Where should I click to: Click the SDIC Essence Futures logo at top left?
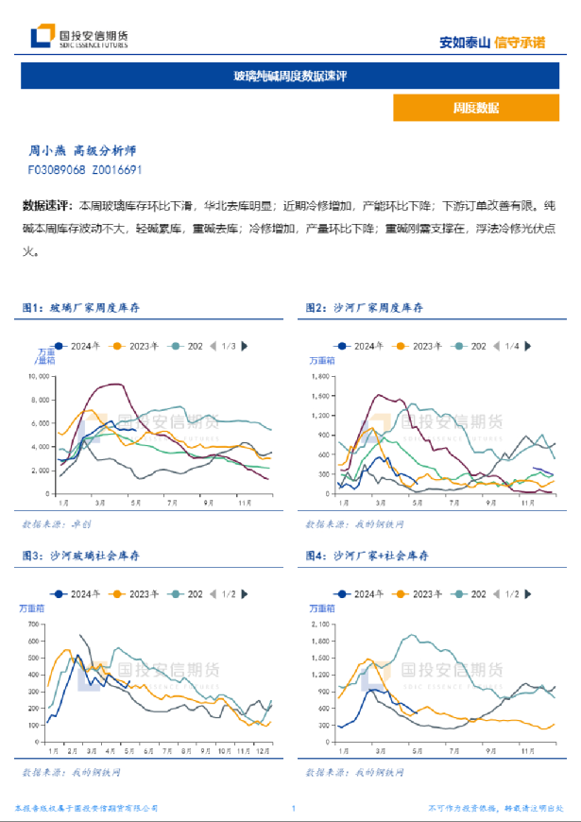tap(79, 37)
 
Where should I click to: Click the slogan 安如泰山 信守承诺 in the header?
tap(492, 43)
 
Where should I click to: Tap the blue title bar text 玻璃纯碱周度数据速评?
tap(290, 76)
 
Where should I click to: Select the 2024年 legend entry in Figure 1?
tap(82, 347)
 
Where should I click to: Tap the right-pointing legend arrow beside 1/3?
tap(246, 347)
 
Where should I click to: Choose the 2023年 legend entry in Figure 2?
tap(422, 347)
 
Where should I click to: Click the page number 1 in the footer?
tap(294, 809)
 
